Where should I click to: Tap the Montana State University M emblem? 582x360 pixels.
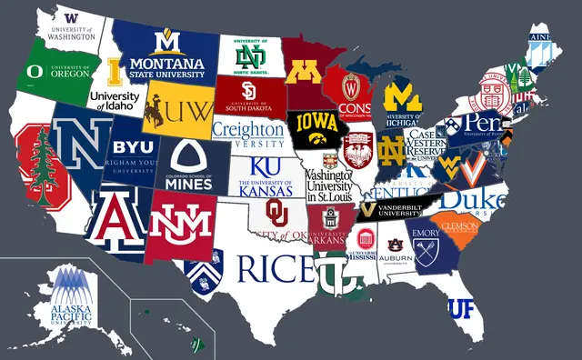pos(166,42)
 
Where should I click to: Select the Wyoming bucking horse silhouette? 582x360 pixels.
pos(154,109)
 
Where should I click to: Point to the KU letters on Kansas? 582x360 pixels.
pos(265,167)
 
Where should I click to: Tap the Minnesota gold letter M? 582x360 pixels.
pos(302,72)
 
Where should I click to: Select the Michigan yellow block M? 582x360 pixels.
pos(403,96)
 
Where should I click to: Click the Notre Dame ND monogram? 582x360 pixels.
pos(392,147)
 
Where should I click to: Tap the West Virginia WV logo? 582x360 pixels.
pos(451,167)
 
